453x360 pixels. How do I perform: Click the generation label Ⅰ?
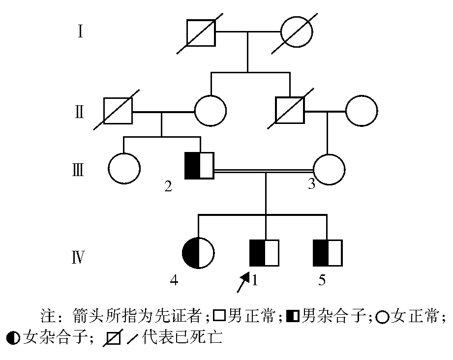80,32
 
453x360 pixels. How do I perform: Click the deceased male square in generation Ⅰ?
201,33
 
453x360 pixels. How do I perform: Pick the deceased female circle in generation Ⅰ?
297,33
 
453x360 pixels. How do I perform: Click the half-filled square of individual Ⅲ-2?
199,165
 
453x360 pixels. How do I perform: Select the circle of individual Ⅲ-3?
328,170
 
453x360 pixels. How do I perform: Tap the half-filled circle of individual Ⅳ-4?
198,254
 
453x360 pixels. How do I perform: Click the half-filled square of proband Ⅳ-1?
265,254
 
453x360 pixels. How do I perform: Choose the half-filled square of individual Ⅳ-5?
328,254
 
